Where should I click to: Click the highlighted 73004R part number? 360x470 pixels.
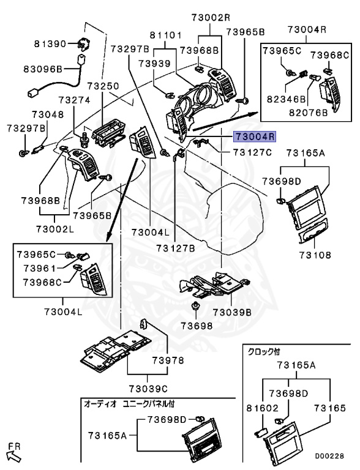click(255, 136)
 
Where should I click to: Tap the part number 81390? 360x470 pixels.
click(50, 44)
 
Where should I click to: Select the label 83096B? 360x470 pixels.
click(43, 69)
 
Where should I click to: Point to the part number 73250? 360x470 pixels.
click(103, 86)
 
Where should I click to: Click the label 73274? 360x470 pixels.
click(74, 100)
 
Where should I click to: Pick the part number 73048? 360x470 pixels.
click(48, 114)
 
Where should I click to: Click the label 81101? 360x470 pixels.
click(165, 35)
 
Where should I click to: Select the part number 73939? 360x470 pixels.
click(154, 64)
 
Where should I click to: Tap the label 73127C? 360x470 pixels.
click(253, 152)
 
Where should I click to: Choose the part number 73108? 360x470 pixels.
click(315, 255)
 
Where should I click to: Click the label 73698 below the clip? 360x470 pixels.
click(197, 326)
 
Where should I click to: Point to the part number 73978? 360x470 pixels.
click(168, 360)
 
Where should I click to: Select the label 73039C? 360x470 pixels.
click(148, 389)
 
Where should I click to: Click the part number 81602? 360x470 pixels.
click(263, 408)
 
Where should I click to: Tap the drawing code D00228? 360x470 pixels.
click(329, 456)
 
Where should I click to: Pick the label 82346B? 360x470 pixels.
click(286, 99)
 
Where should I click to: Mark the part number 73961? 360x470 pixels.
click(40, 268)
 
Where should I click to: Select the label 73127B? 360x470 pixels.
click(176, 248)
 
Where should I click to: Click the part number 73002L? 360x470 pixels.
click(55, 229)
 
